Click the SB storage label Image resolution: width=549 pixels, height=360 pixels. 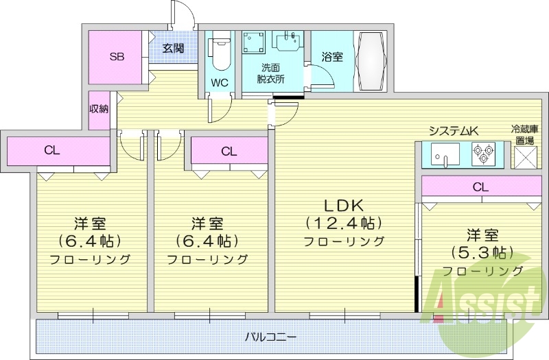pos(117,57)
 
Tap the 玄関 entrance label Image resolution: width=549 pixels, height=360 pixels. pos(173,48)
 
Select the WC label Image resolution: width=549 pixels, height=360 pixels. pos(220,83)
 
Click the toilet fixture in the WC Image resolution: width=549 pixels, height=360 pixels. pos(219,53)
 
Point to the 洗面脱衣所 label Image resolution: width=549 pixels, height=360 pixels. pos(270,73)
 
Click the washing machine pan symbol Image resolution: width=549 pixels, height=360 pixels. pos(254,43)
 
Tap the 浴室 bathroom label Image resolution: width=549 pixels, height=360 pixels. pos(332,57)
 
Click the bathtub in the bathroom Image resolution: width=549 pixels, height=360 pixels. pos(371,61)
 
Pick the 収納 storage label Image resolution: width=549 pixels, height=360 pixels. pos(99,109)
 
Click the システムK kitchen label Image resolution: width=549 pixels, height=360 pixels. pos(453,131)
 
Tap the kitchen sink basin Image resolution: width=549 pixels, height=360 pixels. pos(445,154)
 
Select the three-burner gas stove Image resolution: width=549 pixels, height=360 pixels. pos(484,154)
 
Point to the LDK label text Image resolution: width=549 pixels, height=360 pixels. pos(344,206)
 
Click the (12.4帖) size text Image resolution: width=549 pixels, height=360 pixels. pos(344,223)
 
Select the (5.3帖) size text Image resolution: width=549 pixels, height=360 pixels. pos(482,252)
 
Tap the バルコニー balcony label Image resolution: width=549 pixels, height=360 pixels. pos(270,337)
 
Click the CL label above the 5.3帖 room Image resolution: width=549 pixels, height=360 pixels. pos(480,187)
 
